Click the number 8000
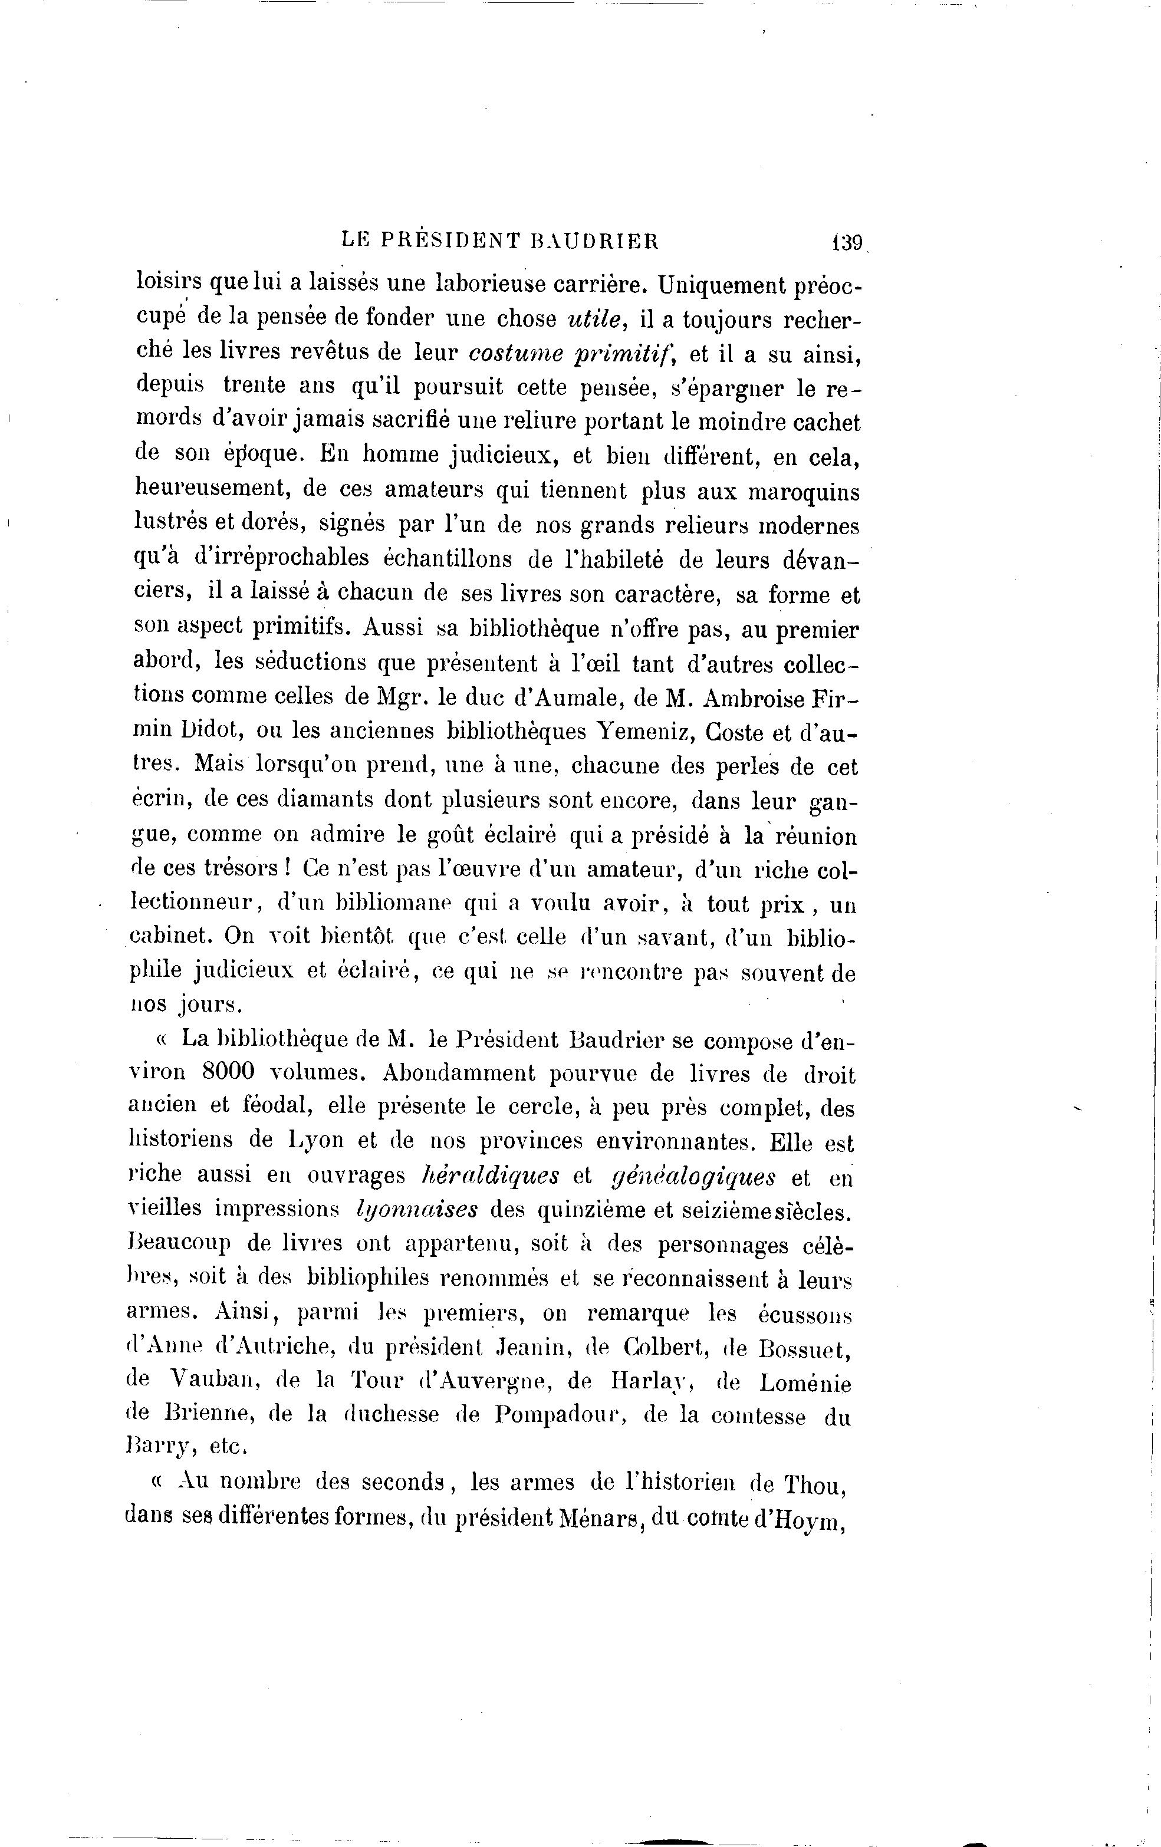coord(228,1072)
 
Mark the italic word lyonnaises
coord(418,1210)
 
